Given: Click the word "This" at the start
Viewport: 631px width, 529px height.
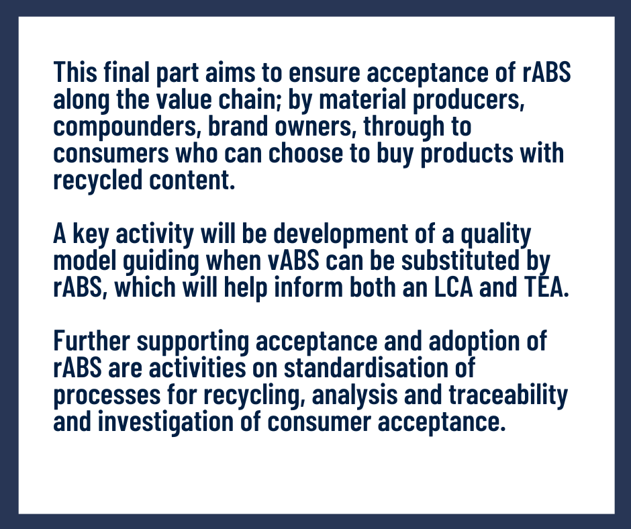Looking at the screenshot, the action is [75, 73].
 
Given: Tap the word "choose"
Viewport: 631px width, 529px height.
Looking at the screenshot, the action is [306, 153].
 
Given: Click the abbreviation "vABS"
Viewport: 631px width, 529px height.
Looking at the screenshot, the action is [293, 260].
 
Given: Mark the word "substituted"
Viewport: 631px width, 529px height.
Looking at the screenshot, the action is [460, 260].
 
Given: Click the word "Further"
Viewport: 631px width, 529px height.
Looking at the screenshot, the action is [92, 341].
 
